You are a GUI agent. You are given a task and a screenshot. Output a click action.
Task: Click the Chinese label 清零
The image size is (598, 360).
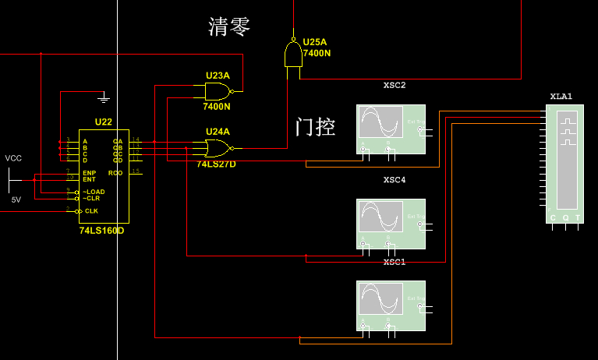tap(229, 27)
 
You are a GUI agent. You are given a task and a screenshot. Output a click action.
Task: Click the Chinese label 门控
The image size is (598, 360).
tap(316, 127)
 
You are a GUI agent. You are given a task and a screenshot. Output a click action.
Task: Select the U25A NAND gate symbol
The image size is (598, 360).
tap(292, 55)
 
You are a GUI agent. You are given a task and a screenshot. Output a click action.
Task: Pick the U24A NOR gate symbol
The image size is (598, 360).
tap(218, 147)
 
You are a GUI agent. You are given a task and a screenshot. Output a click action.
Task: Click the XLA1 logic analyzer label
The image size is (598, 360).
tap(561, 97)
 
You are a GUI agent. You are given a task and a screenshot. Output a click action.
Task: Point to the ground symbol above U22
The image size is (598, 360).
tap(104, 98)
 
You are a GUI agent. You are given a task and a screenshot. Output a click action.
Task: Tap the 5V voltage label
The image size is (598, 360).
tap(16, 199)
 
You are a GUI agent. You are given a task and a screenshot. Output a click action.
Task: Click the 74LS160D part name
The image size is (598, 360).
tap(101, 231)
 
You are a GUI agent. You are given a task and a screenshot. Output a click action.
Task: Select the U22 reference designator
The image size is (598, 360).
tap(103, 122)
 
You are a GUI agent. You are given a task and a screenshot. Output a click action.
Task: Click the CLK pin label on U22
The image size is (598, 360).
tap(92, 211)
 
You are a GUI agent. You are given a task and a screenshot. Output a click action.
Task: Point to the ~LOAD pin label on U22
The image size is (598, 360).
tap(94, 192)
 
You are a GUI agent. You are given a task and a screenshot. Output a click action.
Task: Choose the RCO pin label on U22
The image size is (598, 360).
tap(115, 172)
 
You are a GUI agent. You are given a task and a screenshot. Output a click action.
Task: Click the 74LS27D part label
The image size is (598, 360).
tap(216, 164)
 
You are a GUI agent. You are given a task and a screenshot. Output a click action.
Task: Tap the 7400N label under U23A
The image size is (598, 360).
tap(217, 106)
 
